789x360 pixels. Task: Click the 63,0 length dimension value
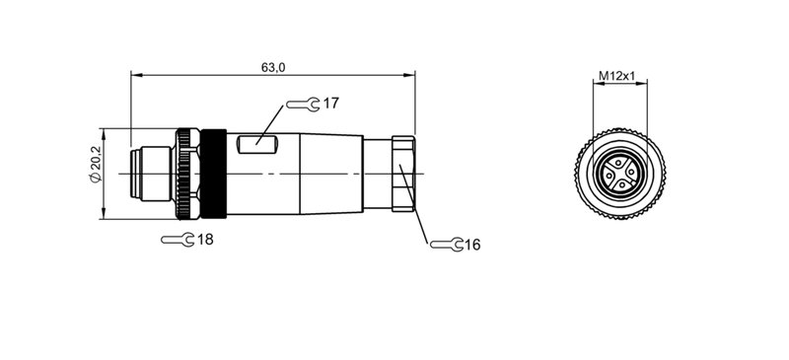(x=273, y=66)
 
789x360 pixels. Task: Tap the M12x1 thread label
(x=616, y=76)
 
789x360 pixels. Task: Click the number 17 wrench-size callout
(x=330, y=103)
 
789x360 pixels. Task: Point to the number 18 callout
(x=205, y=239)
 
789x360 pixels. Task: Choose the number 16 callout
(x=470, y=244)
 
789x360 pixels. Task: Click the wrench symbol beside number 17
(x=303, y=103)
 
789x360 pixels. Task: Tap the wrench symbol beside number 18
(x=178, y=239)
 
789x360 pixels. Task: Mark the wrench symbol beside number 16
(x=444, y=244)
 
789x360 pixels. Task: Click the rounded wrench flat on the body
(x=261, y=145)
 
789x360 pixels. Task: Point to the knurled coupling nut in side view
(x=185, y=174)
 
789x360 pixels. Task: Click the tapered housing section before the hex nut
(x=330, y=174)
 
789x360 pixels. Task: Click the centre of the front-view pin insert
(x=615, y=174)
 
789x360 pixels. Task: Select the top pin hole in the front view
(x=615, y=161)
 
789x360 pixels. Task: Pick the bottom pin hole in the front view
(x=615, y=187)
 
